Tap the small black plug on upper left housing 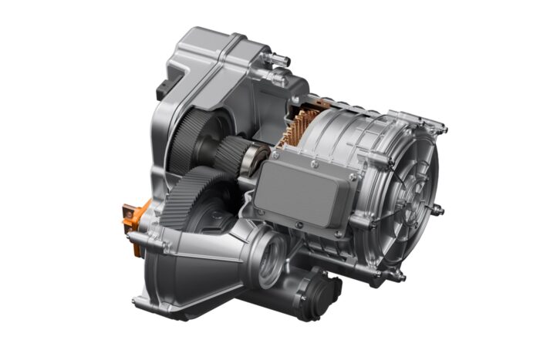(164, 91)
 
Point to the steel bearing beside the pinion (252, 163)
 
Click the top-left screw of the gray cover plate (272, 155)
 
